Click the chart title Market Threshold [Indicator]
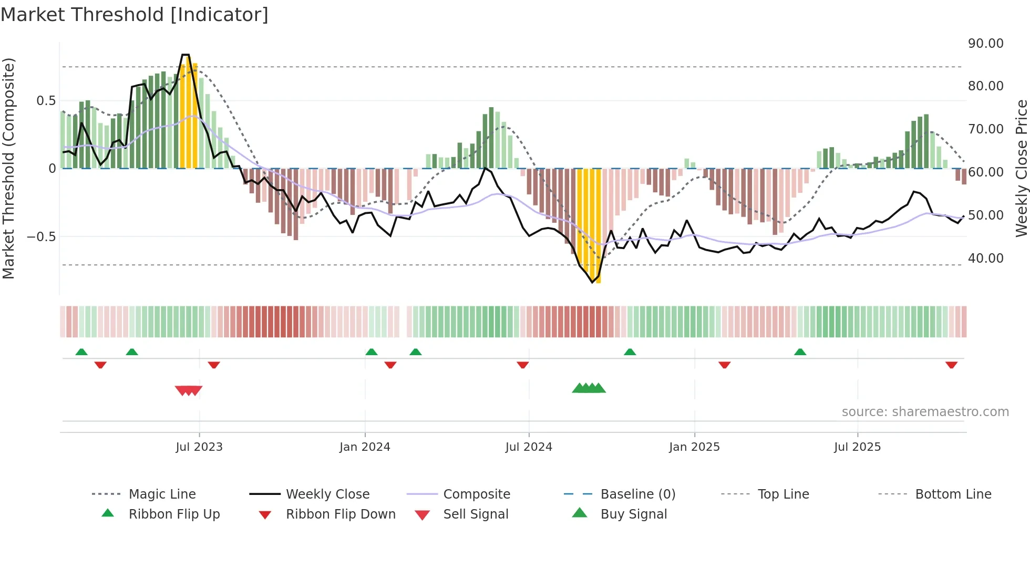point(135,15)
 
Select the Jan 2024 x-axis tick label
point(365,447)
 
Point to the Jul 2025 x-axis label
point(857,447)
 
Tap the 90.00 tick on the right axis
point(985,44)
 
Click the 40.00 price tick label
point(985,259)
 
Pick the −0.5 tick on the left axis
point(41,237)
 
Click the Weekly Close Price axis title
point(1021,168)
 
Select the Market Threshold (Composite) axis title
point(8,168)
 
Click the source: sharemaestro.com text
point(925,412)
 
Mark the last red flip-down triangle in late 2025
point(951,365)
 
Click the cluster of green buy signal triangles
point(589,388)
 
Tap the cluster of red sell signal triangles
point(189,390)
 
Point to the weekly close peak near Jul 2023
point(185,55)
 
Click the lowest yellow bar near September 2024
point(598,278)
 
